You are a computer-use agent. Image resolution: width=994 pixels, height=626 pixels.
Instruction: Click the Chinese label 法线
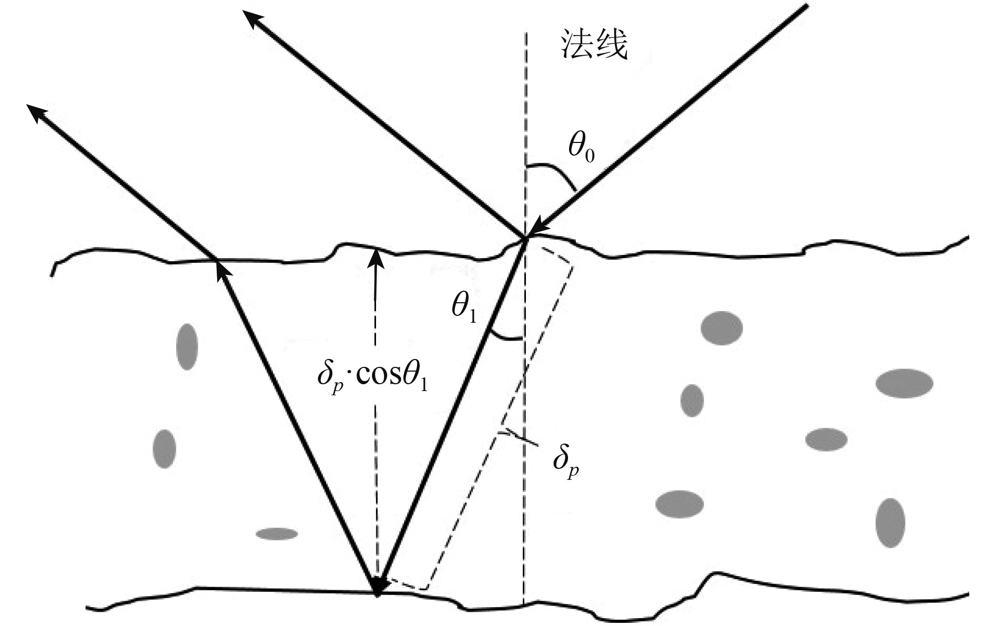595,44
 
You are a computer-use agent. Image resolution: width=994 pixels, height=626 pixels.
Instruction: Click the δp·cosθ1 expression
372,376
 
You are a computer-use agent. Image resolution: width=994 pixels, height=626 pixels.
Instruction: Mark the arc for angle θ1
505,337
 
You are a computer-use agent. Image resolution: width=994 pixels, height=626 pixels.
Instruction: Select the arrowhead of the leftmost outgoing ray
36,112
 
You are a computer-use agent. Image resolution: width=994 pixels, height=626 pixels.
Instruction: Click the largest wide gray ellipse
904,383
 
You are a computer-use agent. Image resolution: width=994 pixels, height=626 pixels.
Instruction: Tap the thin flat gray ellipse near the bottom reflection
277,534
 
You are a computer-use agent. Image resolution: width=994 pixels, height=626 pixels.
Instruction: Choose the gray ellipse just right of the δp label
679,504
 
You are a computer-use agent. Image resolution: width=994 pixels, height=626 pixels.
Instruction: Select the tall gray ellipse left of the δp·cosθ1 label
187,347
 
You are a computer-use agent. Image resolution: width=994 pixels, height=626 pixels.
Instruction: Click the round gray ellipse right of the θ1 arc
722,328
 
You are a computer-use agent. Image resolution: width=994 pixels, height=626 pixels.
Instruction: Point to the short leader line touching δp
521,438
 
